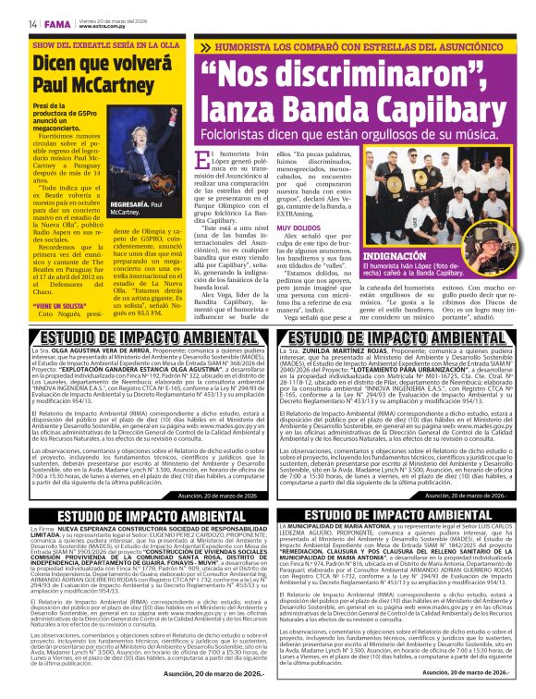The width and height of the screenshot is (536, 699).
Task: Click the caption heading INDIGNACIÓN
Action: (395, 254)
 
